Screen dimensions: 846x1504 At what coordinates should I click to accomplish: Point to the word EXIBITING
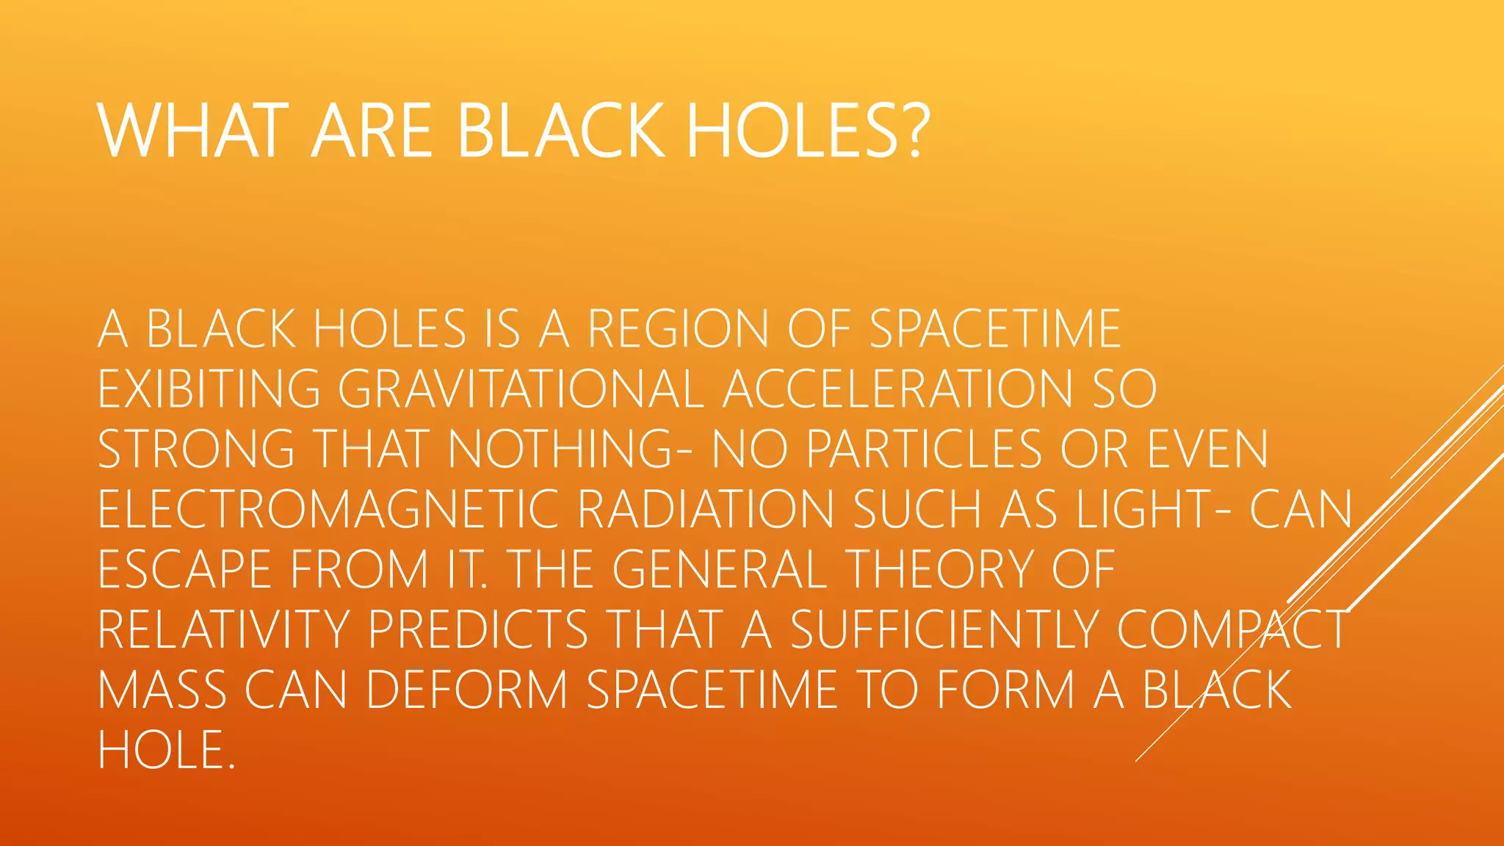pyautogui.click(x=209, y=388)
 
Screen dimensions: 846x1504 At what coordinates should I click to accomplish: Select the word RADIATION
pyautogui.click(x=706, y=509)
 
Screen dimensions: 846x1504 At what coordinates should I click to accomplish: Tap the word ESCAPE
pyautogui.click(x=184, y=569)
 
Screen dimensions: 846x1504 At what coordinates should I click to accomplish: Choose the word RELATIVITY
pyautogui.click(x=224, y=629)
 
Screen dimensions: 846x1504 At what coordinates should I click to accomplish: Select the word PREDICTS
pyautogui.click(x=478, y=629)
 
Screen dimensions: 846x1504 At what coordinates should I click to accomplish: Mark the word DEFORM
pyautogui.click(x=467, y=690)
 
